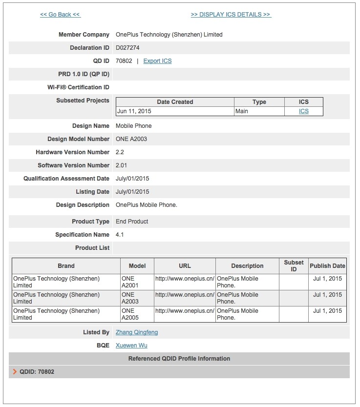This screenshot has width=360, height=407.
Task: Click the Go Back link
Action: [60, 15]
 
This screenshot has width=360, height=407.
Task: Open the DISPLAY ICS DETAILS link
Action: [231, 15]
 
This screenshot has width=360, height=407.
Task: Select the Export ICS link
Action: [157, 61]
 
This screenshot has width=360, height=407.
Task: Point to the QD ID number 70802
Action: [124, 61]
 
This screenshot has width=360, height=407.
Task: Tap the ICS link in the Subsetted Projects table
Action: [304, 111]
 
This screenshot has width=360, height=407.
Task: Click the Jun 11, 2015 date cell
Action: [134, 111]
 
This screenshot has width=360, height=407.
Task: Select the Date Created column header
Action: [175, 102]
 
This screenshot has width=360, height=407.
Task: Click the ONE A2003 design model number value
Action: [131, 139]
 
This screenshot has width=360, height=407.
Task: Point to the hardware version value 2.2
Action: [120, 152]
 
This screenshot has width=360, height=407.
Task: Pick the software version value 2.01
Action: [122, 165]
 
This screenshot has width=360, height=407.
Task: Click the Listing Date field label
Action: [92, 192]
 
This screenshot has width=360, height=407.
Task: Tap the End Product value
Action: [132, 222]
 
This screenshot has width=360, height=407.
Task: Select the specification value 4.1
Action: [120, 235]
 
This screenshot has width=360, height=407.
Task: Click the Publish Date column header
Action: [327, 266]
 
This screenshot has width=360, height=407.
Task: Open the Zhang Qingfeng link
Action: [137, 332]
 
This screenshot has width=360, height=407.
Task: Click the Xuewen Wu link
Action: [131, 346]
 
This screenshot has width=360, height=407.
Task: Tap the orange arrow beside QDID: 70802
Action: [15, 372]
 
